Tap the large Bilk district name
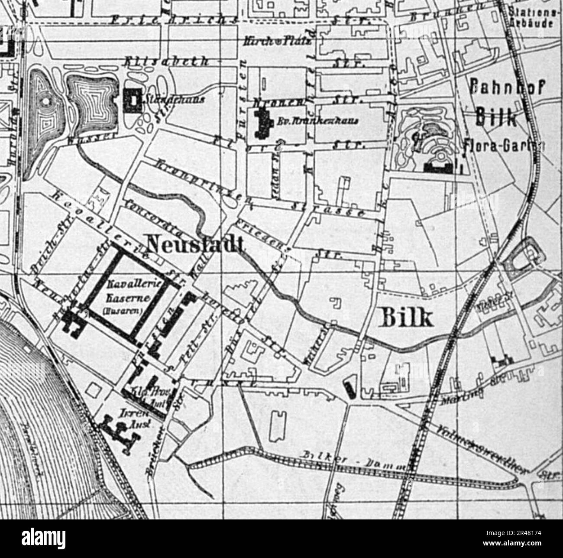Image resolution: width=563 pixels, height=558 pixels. [x=405, y=318]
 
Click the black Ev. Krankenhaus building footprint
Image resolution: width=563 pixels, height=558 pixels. [x=262, y=121]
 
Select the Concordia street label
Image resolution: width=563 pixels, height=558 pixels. [x=152, y=217]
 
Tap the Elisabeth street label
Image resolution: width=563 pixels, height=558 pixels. [x=166, y=62]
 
